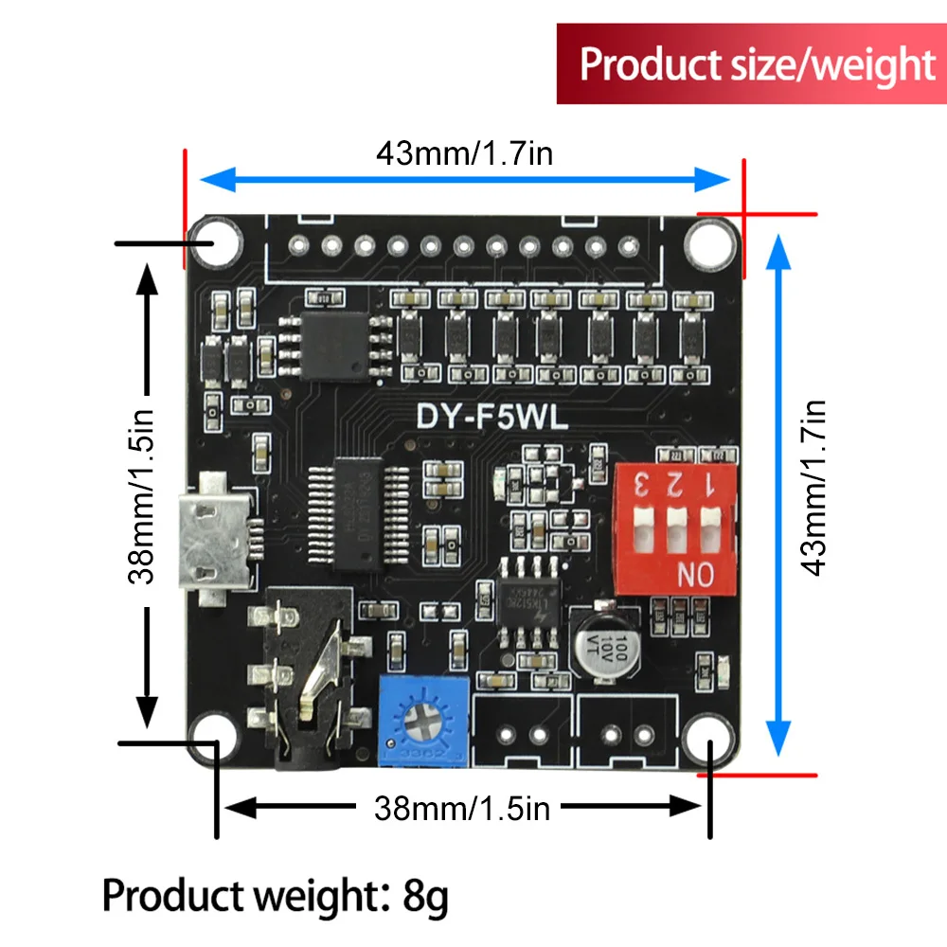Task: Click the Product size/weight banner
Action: click(x=752, y=63)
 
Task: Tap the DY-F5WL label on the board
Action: click(x=492, y=418)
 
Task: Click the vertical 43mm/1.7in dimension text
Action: click(x=814, y=488)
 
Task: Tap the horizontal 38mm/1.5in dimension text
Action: click(x=462, y=808)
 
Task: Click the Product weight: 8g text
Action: click(x=275, y=895)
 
